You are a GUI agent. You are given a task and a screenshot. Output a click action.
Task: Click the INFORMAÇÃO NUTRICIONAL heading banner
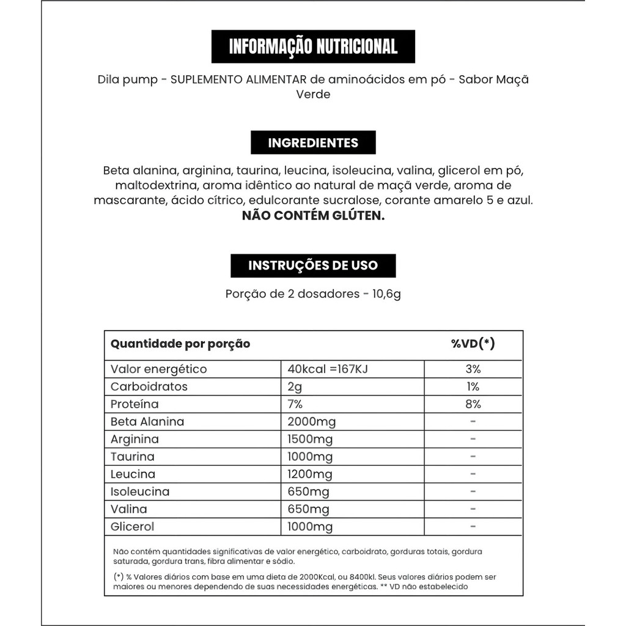point(313,46)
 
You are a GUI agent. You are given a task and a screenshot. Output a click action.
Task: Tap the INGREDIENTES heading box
point(313,142)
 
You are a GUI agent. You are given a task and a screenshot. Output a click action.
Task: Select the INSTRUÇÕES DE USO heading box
point(313,265)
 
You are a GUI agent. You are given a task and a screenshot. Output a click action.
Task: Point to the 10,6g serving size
point(386,294)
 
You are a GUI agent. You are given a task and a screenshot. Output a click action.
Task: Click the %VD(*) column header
point(473,344)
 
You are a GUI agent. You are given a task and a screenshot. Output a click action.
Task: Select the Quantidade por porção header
point(180,344)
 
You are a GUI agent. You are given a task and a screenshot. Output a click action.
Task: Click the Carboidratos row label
point(149,387)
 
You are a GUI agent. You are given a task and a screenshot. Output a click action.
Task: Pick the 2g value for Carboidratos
point(295,387)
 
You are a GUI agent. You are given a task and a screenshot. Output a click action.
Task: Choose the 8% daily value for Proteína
point(473,404)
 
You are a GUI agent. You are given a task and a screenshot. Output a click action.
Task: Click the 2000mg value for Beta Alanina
point(311,422)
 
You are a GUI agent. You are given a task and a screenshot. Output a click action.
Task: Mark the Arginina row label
point(134,439)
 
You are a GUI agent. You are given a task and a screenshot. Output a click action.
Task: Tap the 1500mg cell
point(310,439)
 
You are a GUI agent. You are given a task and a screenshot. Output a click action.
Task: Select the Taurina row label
point(133,457)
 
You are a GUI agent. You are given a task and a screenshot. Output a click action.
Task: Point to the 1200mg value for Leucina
point(310,474)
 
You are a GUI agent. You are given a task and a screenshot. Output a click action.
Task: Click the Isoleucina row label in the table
point(140,492)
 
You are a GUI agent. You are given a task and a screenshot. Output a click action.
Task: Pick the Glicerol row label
point(133,527)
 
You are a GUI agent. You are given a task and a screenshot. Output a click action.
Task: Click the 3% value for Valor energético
point(473,369)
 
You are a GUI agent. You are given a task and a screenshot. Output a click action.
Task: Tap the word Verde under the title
point(313,95)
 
